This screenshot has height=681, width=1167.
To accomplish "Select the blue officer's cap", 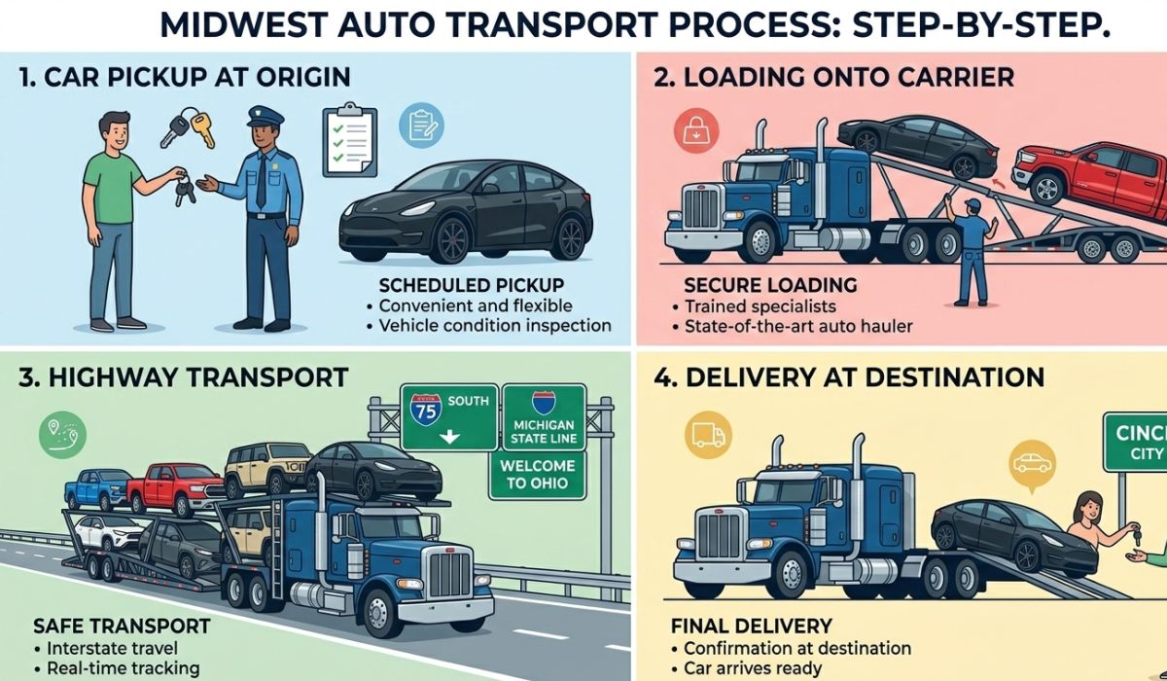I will click(265, 118).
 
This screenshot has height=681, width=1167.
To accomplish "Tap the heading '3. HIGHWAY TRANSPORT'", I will click(186, 376).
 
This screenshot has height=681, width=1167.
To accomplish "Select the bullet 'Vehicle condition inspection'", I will click(494, 326).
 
